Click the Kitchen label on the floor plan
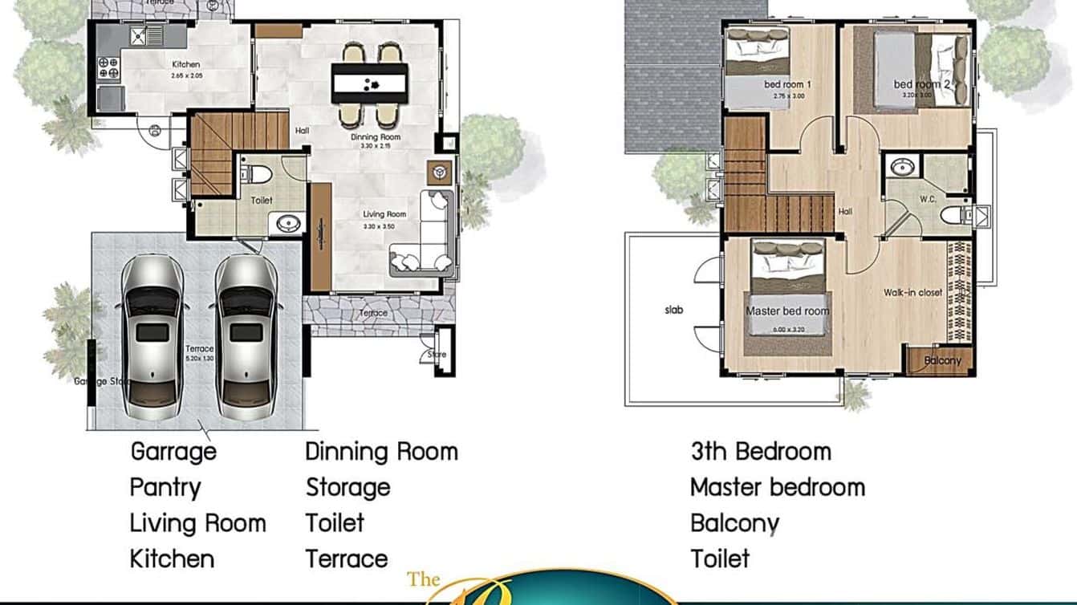[x=185, y=64]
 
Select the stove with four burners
[x=108, y=67]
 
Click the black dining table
[x=369, y=83]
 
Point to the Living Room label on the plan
[x=384, y=214]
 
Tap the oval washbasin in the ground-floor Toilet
[x=285, y=224]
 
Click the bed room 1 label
[x=787, y=84]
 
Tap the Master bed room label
[x=787, y=311]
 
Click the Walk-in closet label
[x=913, y=293]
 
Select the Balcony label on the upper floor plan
[x=942, y=360]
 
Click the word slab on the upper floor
[x=674, y=310]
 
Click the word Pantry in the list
[x=165, y=487]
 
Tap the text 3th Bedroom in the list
[x=761, y=451]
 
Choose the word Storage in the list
[x=347, y=487]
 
